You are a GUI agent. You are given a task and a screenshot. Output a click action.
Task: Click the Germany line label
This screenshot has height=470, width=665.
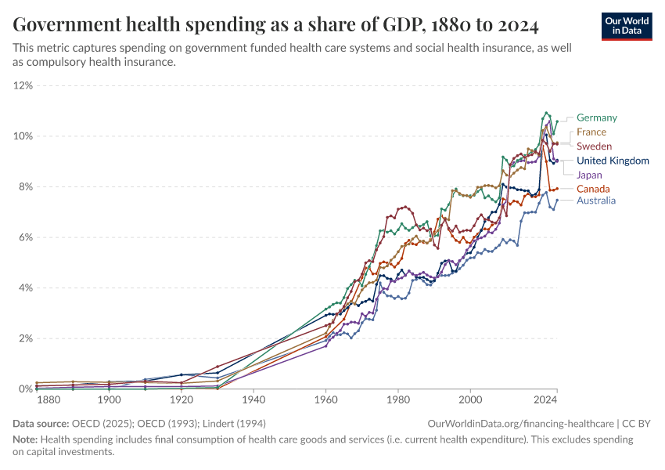pyautogui.click(x=596, y=117)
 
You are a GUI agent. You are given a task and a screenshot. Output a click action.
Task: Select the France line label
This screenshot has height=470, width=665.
pyautogui.click(x=591, y=132)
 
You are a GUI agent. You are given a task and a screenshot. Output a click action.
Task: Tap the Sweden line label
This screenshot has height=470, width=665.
pyautogui.click(x=594, y=146)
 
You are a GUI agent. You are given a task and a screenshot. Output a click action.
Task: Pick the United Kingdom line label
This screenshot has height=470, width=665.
pyautogui.click(x=613, y=161)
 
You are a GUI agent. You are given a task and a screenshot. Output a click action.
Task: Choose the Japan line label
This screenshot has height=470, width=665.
pyautogui.click(x=589, y=175)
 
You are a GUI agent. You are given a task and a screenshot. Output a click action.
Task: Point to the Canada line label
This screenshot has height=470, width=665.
pyautogui.click(x=593, y=189)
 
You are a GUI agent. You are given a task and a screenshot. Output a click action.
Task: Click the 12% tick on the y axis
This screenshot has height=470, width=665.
pyautogui.click(x=23, y=85)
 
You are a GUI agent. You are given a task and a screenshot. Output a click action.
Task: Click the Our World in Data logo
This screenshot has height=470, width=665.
pyautogui.click(x=627, y=25)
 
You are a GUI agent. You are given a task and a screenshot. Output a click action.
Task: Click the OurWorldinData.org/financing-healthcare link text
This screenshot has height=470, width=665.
pyautogui.click(x=520, y=423)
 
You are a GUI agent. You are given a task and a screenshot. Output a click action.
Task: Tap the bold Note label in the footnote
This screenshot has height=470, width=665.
pyautogui.click(x=26, y=439)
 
